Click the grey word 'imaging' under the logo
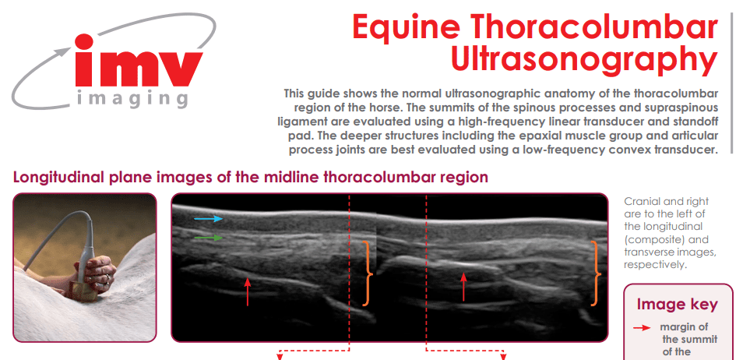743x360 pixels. coord(132,99)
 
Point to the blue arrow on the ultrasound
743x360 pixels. coord(209,219)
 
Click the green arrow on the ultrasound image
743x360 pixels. coord(209,238)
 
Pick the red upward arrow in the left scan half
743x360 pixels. coord(247,291)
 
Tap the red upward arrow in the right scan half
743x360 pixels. coord(464,287)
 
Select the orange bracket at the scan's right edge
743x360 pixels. coord(595,274)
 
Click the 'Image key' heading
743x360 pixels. coord(677,304)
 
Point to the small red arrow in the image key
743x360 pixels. coord(642,328)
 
